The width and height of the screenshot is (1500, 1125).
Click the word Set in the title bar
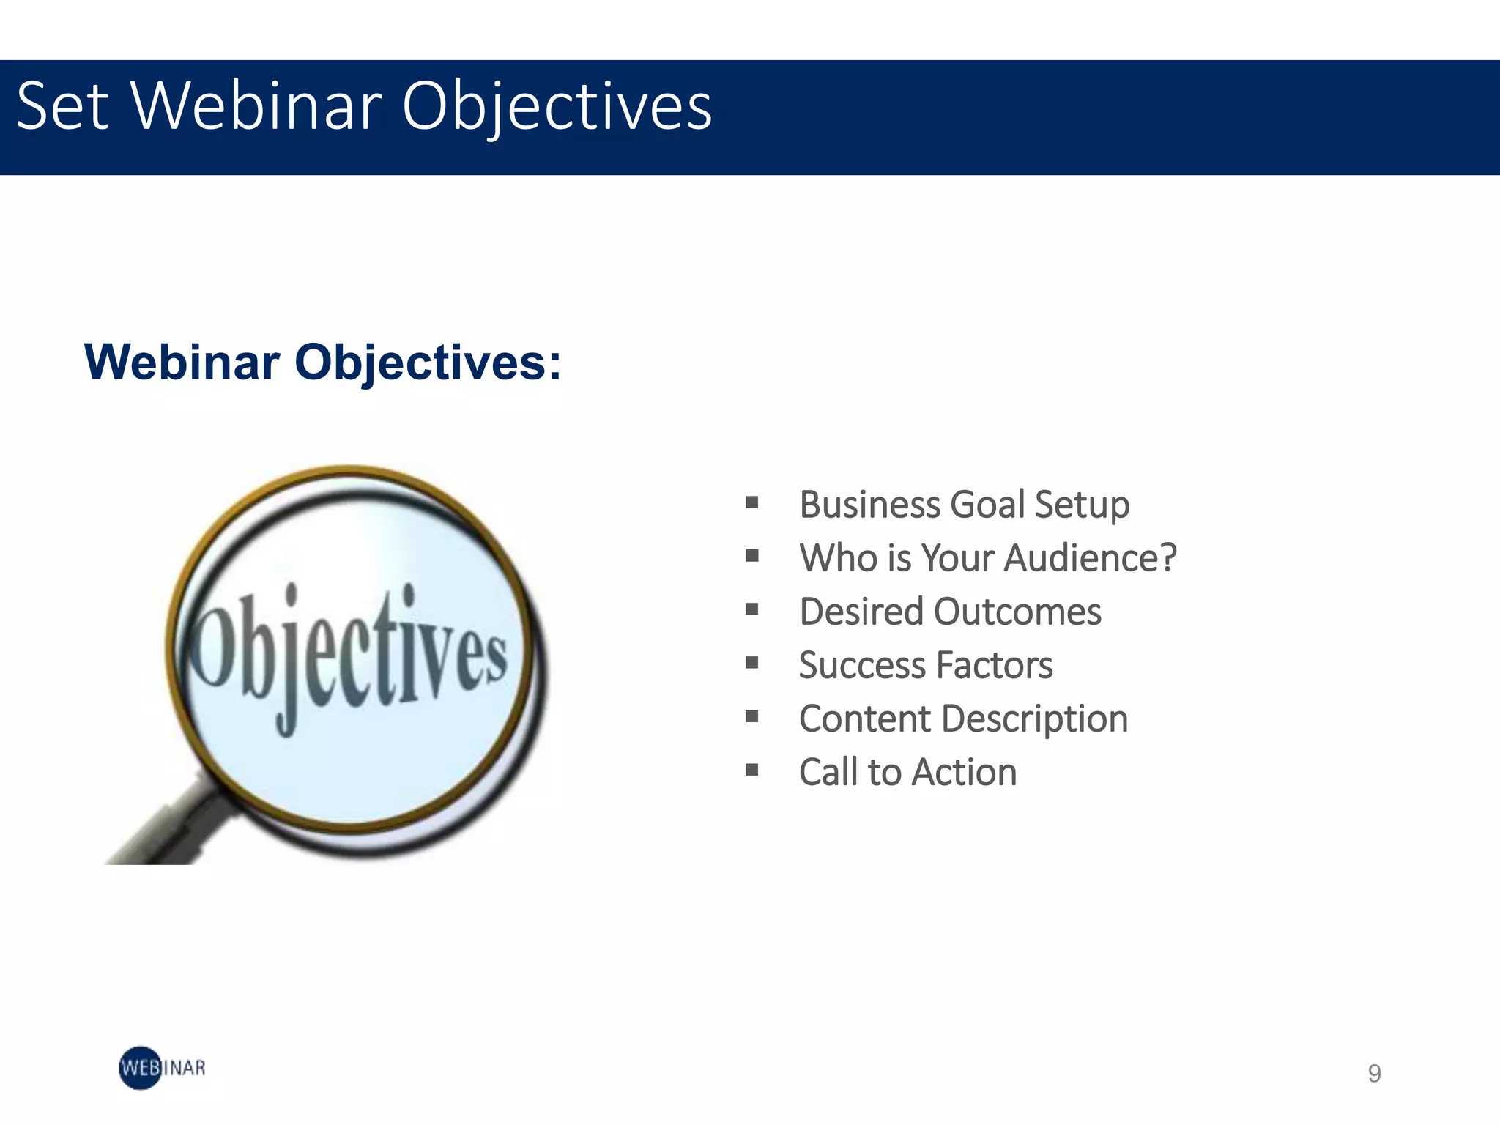62,107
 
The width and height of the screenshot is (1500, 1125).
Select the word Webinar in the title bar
257,107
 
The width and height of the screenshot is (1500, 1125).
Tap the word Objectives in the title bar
557,107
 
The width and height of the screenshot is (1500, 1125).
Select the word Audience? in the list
1090,558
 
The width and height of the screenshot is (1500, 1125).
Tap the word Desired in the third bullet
861,612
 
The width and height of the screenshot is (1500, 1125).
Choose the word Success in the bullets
862,665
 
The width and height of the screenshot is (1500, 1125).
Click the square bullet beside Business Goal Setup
751,502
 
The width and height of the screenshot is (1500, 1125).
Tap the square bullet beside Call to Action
751,770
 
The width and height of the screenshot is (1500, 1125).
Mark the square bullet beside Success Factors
751,663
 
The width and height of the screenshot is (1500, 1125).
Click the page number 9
1374,1073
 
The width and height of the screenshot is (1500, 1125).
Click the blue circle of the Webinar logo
140,1068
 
